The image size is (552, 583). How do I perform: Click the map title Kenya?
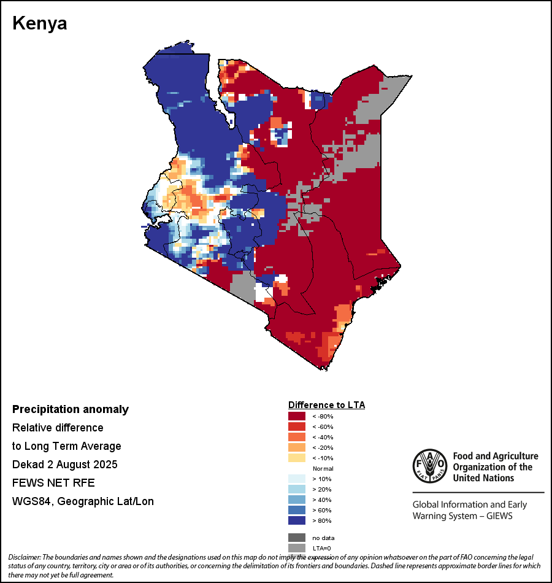[40, 23]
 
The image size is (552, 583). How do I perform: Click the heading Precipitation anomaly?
[71, 409]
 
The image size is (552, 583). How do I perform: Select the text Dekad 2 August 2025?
[65, 465]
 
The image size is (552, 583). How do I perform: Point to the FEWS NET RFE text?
[53, 483]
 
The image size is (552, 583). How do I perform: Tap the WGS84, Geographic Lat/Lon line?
[83, 501]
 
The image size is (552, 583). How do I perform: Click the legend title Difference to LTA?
[326, 405]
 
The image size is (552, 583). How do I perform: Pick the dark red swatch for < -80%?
[297, 416]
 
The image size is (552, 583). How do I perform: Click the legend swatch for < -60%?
[297, 427]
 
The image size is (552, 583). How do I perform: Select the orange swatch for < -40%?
[297, 437]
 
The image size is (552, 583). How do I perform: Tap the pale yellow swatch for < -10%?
[297, 458]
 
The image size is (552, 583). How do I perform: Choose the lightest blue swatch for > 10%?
[297, 479]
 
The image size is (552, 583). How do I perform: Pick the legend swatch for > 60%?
[297, 510]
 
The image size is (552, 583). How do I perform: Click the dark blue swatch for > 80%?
[297, 520]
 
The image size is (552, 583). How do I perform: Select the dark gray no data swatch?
[297, 538]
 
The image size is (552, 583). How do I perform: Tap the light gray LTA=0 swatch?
[297, 548]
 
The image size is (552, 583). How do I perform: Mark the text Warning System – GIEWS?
[462, 515]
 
